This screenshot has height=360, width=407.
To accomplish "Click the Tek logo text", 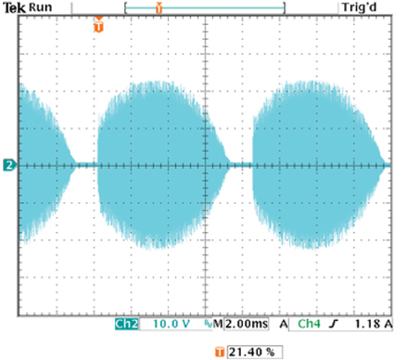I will (14, 7).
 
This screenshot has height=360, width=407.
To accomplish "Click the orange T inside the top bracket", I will (159, 7).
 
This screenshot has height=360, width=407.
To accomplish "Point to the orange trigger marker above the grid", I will (99, 26).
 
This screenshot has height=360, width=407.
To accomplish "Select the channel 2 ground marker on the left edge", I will (8, 165).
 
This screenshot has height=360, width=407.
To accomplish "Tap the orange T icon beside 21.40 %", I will (220, 352).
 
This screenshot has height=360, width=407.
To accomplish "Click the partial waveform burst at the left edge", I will (37, 165).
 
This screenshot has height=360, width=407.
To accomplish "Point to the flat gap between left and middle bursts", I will (85, 165).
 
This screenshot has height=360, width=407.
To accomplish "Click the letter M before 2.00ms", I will (219, 326).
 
